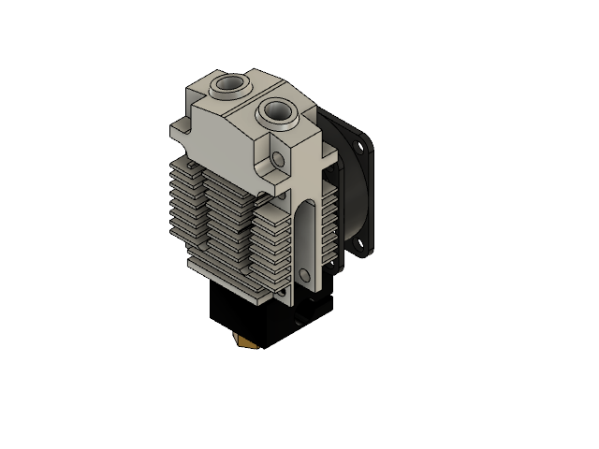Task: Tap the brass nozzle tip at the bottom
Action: pos(246,346)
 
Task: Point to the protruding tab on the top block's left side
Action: pos(179,131)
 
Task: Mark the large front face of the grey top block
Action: pos(225,140)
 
